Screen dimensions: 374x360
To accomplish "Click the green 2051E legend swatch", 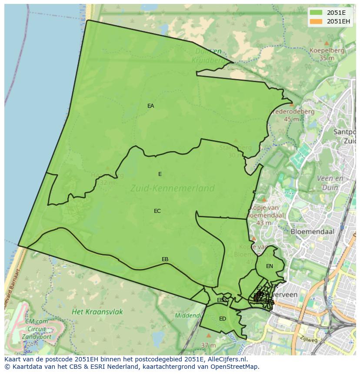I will click(x=316, y=13).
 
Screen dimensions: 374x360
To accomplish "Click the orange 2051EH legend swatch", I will click(x=316, y=21).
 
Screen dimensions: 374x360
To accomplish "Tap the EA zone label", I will click(x=151, y=106).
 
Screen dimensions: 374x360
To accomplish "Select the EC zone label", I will click(x=157, y=211).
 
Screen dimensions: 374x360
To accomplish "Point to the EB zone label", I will click(x=165, y=259).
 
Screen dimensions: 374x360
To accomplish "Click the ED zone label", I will click(x=223, y=319).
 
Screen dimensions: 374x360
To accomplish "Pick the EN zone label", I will click(x=270, y=266).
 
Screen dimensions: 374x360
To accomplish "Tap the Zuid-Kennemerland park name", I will click(x=173, y=188).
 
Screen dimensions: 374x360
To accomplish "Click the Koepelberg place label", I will click(x=327, y=50).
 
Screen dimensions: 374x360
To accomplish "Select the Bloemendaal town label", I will click(x=312, y=232).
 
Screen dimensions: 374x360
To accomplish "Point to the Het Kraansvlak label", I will click(x=97, y=312).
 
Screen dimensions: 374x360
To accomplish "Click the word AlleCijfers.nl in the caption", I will click(x=225, y=359).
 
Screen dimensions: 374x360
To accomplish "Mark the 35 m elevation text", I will click(x=327, y=58).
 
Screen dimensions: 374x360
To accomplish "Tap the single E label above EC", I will click(x=160, y=174).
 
